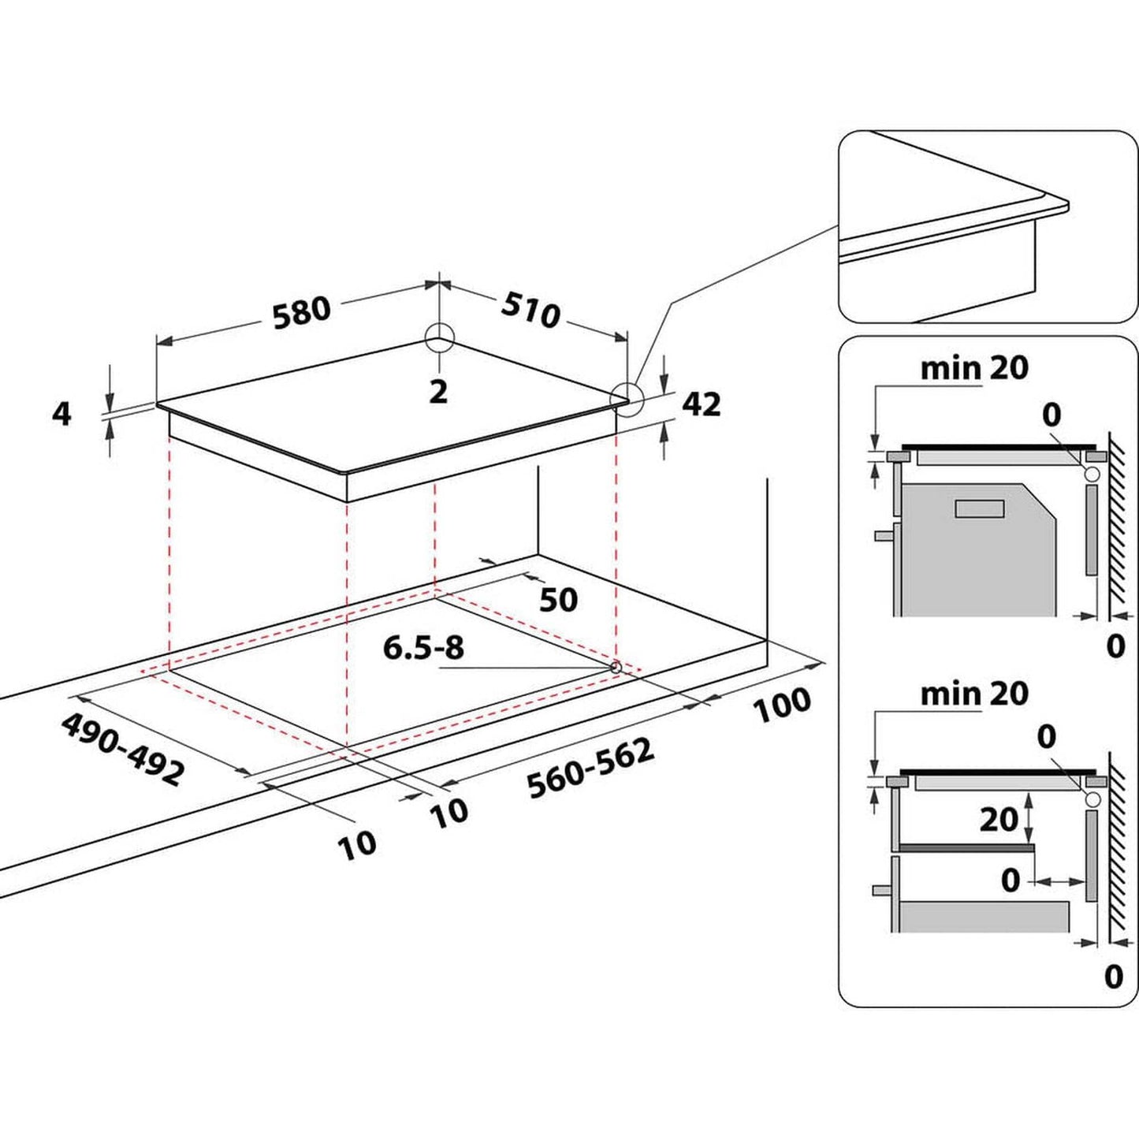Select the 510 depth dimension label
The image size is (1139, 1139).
530,311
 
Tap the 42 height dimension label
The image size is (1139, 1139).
701,404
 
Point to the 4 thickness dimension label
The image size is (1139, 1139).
61,413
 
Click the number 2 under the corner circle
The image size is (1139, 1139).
438,391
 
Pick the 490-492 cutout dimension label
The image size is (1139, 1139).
123,748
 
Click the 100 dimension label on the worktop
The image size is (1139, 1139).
782,704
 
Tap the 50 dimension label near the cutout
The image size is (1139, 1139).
558,600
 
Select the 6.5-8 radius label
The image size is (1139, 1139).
423,648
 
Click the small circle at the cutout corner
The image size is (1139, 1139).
616,667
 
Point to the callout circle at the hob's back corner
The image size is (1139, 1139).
439,340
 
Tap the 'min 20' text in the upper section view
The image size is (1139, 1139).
974,367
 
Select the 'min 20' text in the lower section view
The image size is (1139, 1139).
974,694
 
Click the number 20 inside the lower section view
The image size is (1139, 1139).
999,820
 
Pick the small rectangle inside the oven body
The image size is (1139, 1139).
979,508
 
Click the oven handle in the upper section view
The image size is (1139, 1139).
884,534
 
